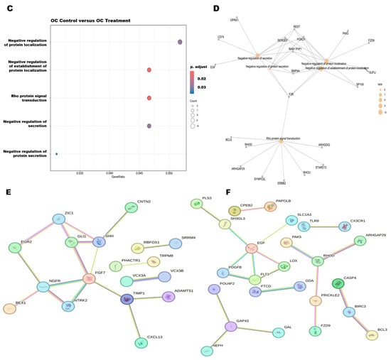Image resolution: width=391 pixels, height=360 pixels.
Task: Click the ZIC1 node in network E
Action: tap(59, 219)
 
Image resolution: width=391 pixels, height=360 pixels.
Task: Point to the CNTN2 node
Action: tap(132, 207)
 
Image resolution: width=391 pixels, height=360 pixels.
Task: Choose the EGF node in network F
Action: tap(251, 249)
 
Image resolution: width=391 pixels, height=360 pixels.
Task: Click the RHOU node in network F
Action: tap(318, 261)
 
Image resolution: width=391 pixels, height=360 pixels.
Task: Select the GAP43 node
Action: tap(230, 326)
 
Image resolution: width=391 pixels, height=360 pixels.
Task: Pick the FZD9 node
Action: tap(315, 331)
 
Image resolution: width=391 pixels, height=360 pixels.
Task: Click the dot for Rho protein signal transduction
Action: tap(149, 98)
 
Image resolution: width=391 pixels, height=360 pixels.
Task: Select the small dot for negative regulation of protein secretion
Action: tap(56, 153)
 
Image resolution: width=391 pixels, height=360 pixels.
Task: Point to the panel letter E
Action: tap(7, 192)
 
